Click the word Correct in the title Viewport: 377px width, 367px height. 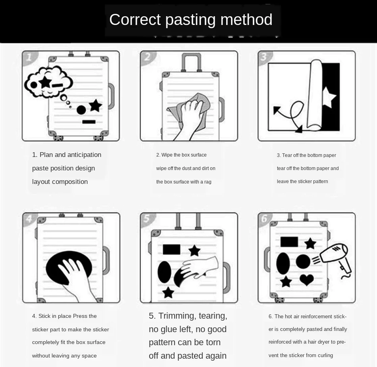click(135, 19)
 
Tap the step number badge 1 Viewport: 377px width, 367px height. click(29, 57)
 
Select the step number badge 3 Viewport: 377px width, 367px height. click(264, 57)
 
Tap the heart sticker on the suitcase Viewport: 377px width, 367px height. click(307, 279)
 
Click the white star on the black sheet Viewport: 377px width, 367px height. click(329, 97)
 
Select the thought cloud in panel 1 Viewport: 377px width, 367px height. click(48, 82)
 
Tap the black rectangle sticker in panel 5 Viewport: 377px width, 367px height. click(171, 249)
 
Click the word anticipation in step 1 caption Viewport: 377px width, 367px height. click(84, 155)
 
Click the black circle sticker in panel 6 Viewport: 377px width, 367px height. click(303, 262)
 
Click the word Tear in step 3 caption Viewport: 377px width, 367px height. click(287, 155)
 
